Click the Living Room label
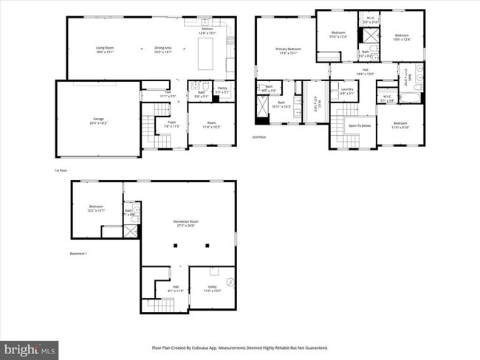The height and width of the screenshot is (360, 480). pyautogui.click(x=105, y=48)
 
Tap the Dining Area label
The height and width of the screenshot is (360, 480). pyautogui.click(x=163, y=48)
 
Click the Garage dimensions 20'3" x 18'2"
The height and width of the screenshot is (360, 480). pyautogui.click(x=97, y=122)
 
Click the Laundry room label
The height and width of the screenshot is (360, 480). pyautogui.click(x=347, y=90)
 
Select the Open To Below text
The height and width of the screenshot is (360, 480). pyautogui.click(x=360, y=125)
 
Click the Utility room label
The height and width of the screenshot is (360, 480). pyautogui.click(x=212, y=286)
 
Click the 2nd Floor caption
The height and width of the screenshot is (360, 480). pyautogui.click(x=259, y=137)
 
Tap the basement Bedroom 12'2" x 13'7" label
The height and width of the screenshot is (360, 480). pyautogui.click(x=96, y=209)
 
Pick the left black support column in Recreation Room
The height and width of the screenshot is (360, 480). pyautogui.click(x=178, y=246)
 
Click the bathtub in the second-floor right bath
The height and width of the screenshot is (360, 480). pyautogui.click(x=411, y=96)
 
